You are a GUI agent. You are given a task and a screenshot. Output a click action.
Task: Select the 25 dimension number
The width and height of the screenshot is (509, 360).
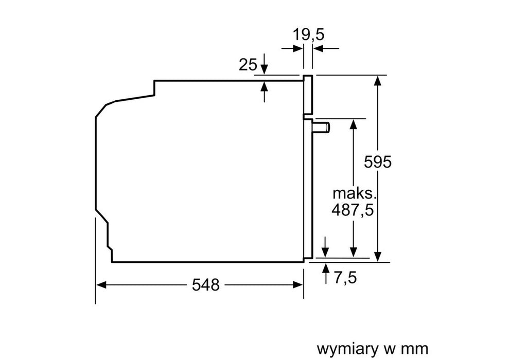click(x=248, y=65)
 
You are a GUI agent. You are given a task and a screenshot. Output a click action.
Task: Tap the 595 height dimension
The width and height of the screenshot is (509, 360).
click(x=378, y=161)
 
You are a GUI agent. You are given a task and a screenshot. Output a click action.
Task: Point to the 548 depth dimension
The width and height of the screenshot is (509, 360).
click(x=206, y=284)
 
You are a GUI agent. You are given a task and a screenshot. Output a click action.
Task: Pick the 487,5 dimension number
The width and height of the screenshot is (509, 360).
click(x=353, y=211)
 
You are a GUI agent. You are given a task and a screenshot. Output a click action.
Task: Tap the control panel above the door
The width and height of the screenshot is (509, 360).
click(x=308, y=95)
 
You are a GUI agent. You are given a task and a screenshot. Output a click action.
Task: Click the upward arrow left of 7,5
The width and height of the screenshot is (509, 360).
click(x=325, y=270)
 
